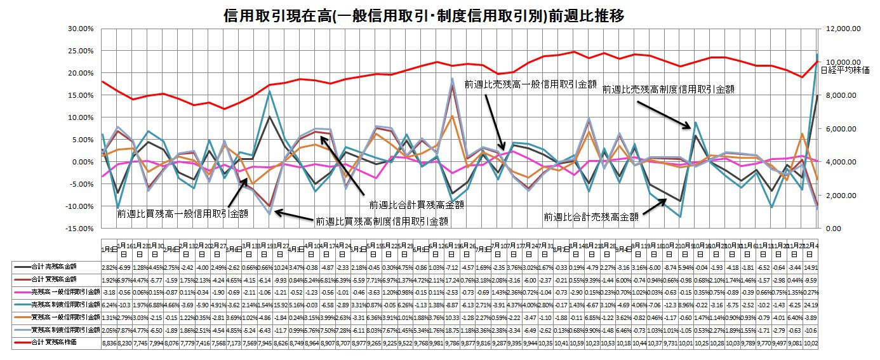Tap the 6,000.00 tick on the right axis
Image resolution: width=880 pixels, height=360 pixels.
click(x=839, y=128)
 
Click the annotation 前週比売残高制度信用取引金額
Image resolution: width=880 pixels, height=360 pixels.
click(x=668, y=90)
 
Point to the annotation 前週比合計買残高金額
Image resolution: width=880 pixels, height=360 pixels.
click(x=417, y=205)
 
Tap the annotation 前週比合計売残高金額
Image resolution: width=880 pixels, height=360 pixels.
click(x=590, y=217)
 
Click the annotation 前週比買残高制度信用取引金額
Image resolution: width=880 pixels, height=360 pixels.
click(x=382, y=221)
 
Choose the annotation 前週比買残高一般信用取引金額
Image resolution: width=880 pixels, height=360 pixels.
click(x=182, y=214)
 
